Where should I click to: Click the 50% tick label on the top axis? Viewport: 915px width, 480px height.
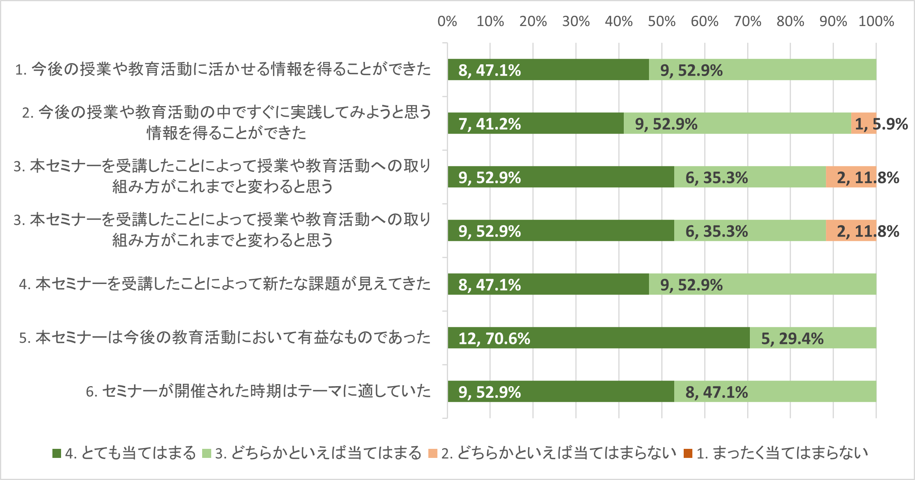pos(662,21)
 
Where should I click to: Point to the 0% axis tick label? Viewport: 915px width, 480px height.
pos(447,21)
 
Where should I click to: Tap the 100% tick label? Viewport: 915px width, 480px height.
pos(876,21)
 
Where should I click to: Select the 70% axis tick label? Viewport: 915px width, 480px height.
pos(748,21)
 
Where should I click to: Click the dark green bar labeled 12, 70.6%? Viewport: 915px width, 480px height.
pos(599,338)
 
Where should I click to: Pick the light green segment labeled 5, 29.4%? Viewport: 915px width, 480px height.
pos(813,338)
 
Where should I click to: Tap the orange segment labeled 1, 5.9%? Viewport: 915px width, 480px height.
pos(864,123)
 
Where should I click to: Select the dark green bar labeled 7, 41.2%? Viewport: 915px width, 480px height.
pos(536,123)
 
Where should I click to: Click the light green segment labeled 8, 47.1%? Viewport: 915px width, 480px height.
pos(775,392)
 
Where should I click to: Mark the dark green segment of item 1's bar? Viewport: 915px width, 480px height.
pos(548,70)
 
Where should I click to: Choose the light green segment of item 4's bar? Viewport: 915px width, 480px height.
pos(762,284)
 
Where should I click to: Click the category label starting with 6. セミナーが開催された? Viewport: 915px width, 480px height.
pos(259,391)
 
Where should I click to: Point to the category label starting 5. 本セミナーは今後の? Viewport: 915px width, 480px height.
pos(225,338)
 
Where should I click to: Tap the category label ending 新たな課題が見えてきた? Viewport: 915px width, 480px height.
pos(225,284)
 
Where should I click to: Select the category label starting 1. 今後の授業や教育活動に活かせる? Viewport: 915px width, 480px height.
pos(223,69)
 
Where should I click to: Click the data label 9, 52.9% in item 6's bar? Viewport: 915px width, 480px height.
pos(489,392)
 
